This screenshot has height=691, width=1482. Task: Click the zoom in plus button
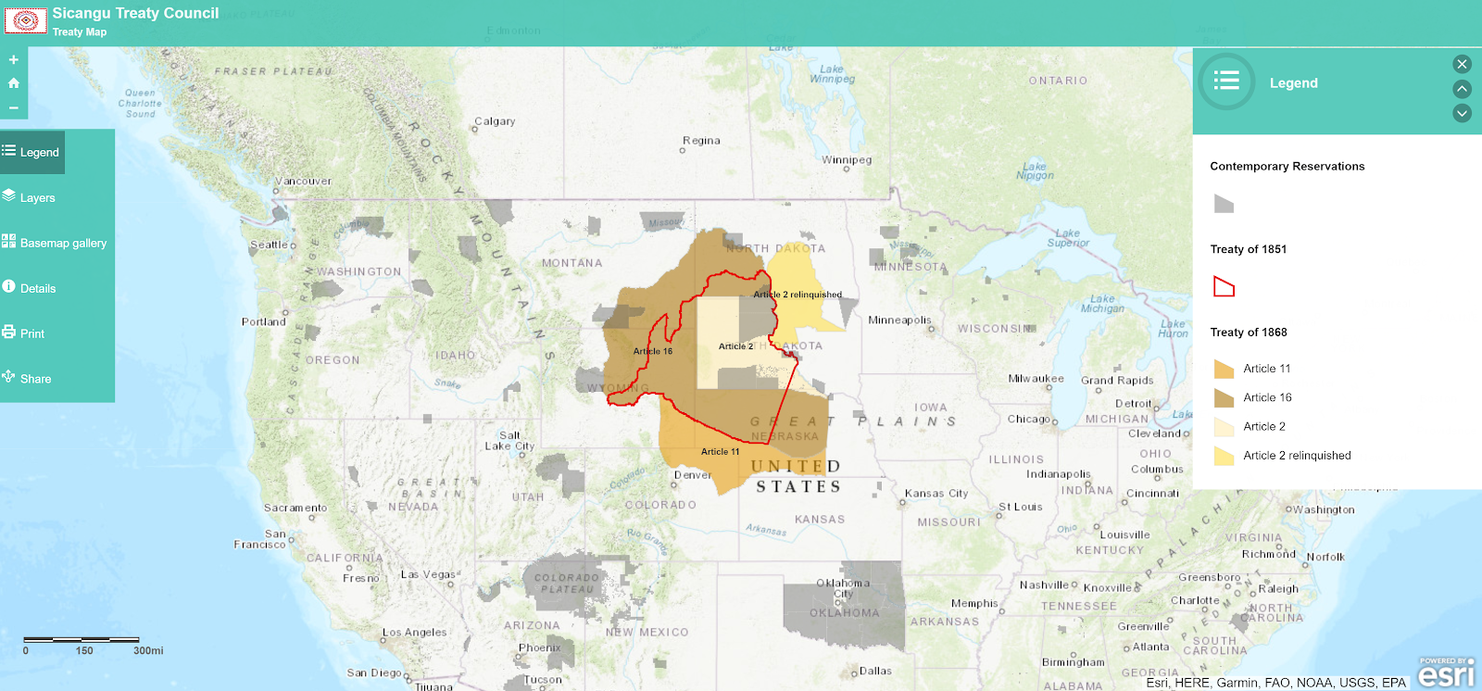click(14, 59)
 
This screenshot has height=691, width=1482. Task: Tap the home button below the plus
click(14, 83)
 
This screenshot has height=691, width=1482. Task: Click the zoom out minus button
click(14, 107)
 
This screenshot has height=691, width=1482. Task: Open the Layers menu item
click(37, 197)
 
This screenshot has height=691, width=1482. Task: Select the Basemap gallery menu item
click(63, 243)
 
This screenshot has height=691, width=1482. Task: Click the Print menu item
click(31, 333)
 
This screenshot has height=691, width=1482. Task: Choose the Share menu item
click(35, 379)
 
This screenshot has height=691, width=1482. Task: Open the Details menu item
click(38, 288)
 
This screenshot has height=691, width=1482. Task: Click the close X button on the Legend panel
click(1462, 64)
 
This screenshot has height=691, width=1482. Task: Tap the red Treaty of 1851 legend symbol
click(1224, 287)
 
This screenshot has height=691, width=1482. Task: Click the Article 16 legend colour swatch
click(1224, 398)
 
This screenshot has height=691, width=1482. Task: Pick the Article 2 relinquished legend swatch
click(1224, 456)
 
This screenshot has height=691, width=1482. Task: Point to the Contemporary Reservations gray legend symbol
click(1224, 204)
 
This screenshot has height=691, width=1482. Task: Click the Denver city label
click(693, 475)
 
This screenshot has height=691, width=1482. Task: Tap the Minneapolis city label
click(899, 320)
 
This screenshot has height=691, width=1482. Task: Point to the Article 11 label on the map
click(720, 452)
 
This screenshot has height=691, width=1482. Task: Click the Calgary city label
click(495, 121)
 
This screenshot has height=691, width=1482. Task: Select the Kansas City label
click(936, 494)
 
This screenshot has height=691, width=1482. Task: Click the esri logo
click(1445, 674)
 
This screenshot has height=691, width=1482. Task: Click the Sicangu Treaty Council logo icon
click(26, 20)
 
